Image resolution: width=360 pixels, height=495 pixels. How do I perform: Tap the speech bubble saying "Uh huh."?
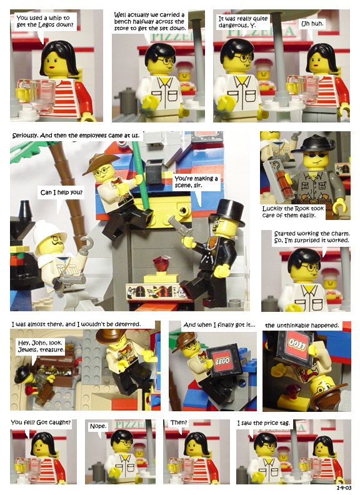tap(312, 24)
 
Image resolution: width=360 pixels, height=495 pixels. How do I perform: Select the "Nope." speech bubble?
tap(99, 426)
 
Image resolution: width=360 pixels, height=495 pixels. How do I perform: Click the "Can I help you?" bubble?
tap(61, 192)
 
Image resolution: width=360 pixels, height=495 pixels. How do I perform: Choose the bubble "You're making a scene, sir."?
tap(196, 182)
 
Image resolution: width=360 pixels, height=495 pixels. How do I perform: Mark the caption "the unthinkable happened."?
tap(302, 326)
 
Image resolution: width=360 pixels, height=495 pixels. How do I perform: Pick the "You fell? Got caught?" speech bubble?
tap(41, 422)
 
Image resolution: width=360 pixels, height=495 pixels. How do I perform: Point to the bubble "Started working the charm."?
tap(312, 237)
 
